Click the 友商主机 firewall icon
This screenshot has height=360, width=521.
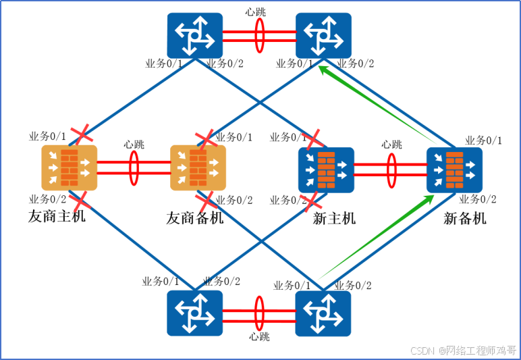click(69, 168)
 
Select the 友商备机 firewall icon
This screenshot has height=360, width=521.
click(197, 168)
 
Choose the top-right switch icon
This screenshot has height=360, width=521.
click(327, 36)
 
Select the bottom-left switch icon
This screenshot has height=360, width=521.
click(194, 313)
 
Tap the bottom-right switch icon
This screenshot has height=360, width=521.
click(323, 313)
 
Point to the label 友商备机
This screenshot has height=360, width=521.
click(194, 218)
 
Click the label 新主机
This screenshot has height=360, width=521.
click(334, 218)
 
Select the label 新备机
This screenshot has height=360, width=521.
click(464, 218)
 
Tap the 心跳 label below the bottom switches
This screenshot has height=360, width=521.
click(259, 336)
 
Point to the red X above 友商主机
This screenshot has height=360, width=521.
click(83, 134)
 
